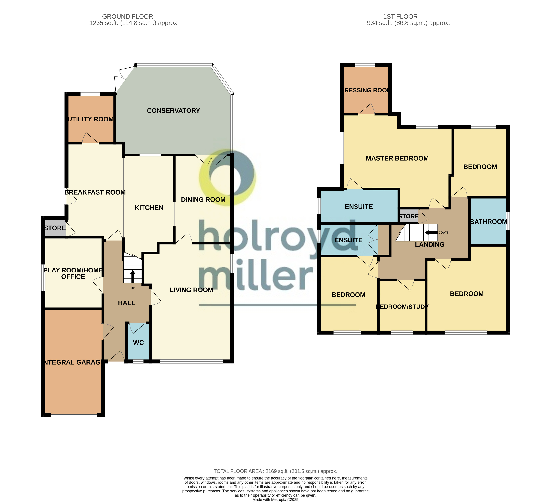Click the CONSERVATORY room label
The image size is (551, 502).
point(173,111)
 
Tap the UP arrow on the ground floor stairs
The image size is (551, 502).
point(133,276)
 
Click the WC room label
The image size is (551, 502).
point(138,343)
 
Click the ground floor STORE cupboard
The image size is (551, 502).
point(55,228)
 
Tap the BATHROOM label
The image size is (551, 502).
point(488,222)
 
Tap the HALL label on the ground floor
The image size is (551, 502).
point(126,303)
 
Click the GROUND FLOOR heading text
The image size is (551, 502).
point(128,17)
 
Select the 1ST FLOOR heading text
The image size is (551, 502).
point(400,17)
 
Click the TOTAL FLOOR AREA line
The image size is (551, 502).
point(275,471)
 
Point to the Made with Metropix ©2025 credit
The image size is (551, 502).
point(275,499)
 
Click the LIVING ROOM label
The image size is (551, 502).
point(191,290)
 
